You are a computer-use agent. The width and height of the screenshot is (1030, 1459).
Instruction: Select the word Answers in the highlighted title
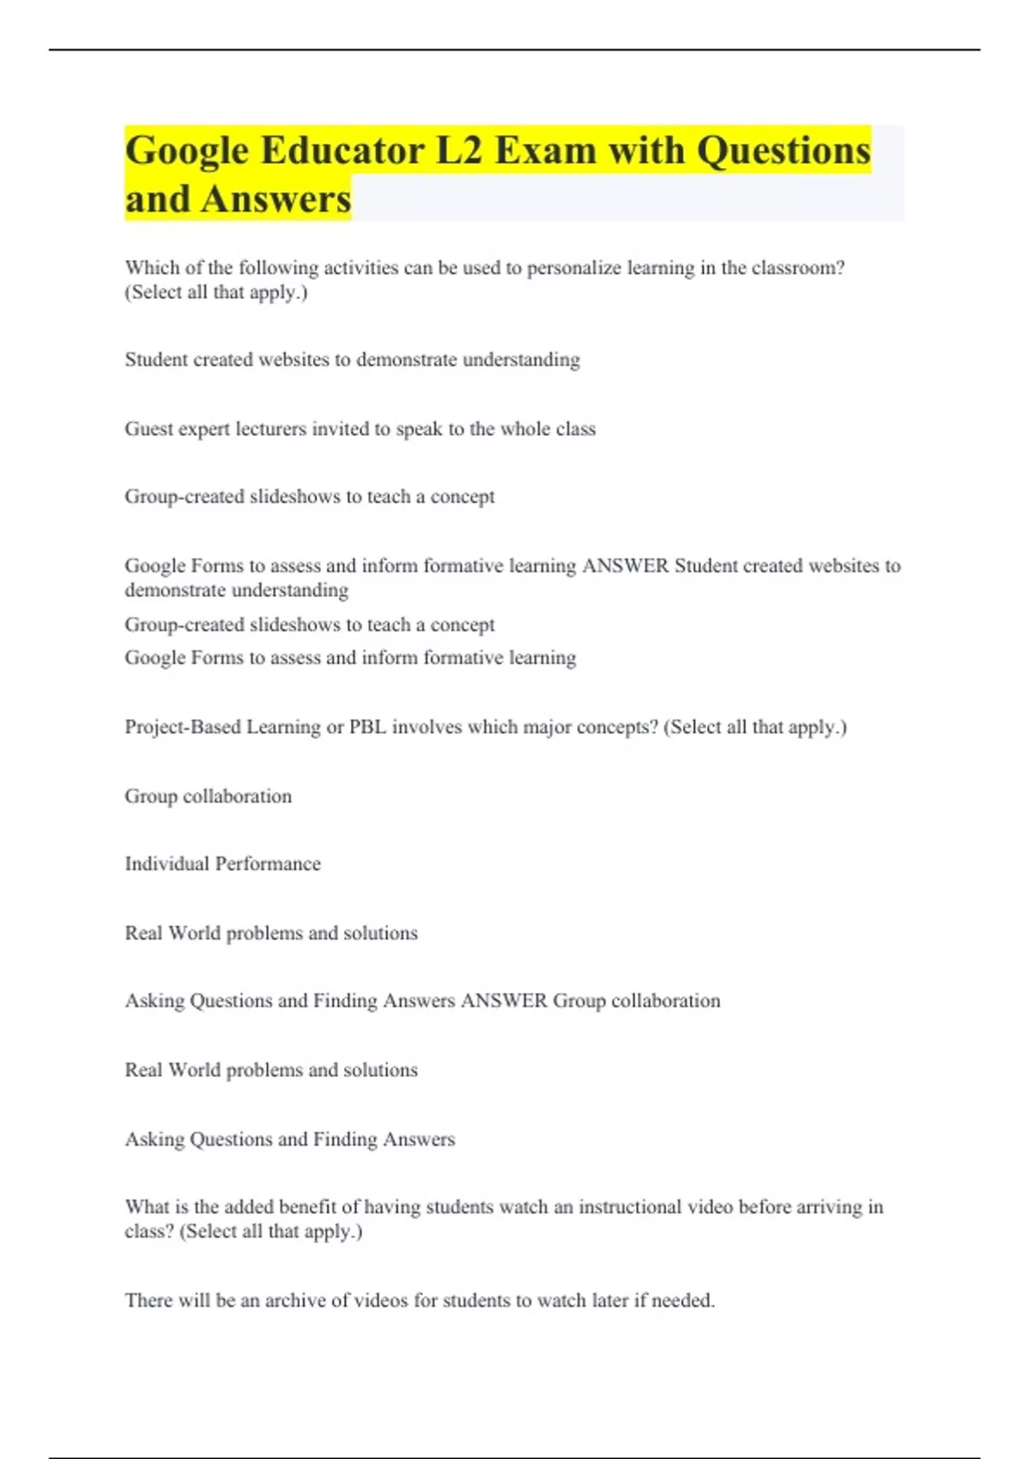pos(276,199)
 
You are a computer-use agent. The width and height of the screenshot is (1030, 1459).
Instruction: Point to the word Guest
pos(148,429)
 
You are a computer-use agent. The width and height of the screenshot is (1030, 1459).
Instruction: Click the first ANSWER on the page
pos(625,566)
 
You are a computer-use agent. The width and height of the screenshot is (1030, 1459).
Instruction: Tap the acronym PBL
pos(367,728)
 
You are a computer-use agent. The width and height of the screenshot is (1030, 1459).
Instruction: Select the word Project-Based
pos(183,728)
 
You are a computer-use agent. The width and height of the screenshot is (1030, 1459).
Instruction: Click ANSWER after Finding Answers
pos(504,1001)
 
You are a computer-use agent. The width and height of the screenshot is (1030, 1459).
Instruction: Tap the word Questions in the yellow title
pos(783,150)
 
